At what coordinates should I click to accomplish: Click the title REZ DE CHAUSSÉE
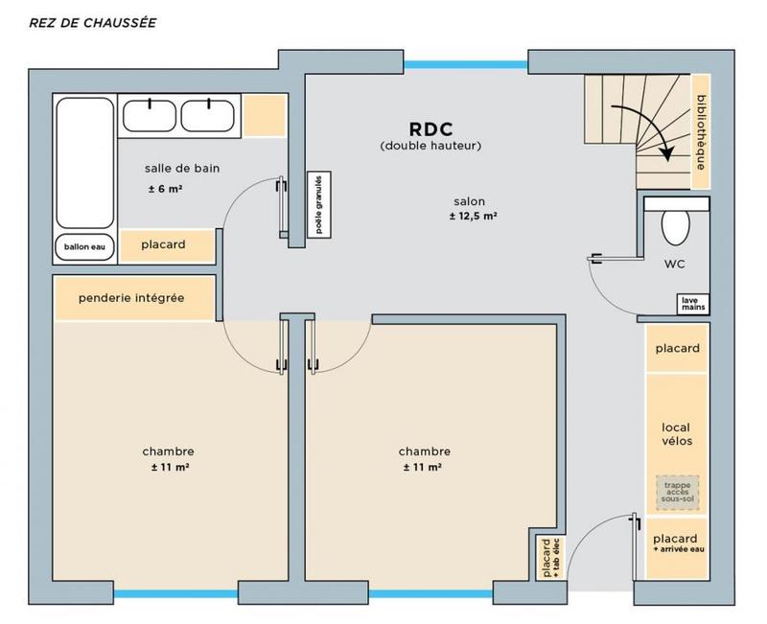[x=93, y=21]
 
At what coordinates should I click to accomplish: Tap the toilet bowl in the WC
[x=676, y=227]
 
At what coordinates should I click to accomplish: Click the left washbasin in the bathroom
[x=150, y=115]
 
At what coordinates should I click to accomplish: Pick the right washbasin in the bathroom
[x=208, y=115]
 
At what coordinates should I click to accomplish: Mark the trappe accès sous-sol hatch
[x=677, y=492]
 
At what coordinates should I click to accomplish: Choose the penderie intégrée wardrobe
[x=133, y=299]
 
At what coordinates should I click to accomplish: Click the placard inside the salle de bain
[x=163, y=245]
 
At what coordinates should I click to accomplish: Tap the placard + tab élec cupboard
[x=550, y=558]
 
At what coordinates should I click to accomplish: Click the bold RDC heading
[x=430, y=127]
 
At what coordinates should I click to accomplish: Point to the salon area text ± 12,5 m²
[x=472, y=218]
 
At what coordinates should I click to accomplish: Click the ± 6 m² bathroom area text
[x=165, y=189]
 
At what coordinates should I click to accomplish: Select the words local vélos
[x=677, y=433]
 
